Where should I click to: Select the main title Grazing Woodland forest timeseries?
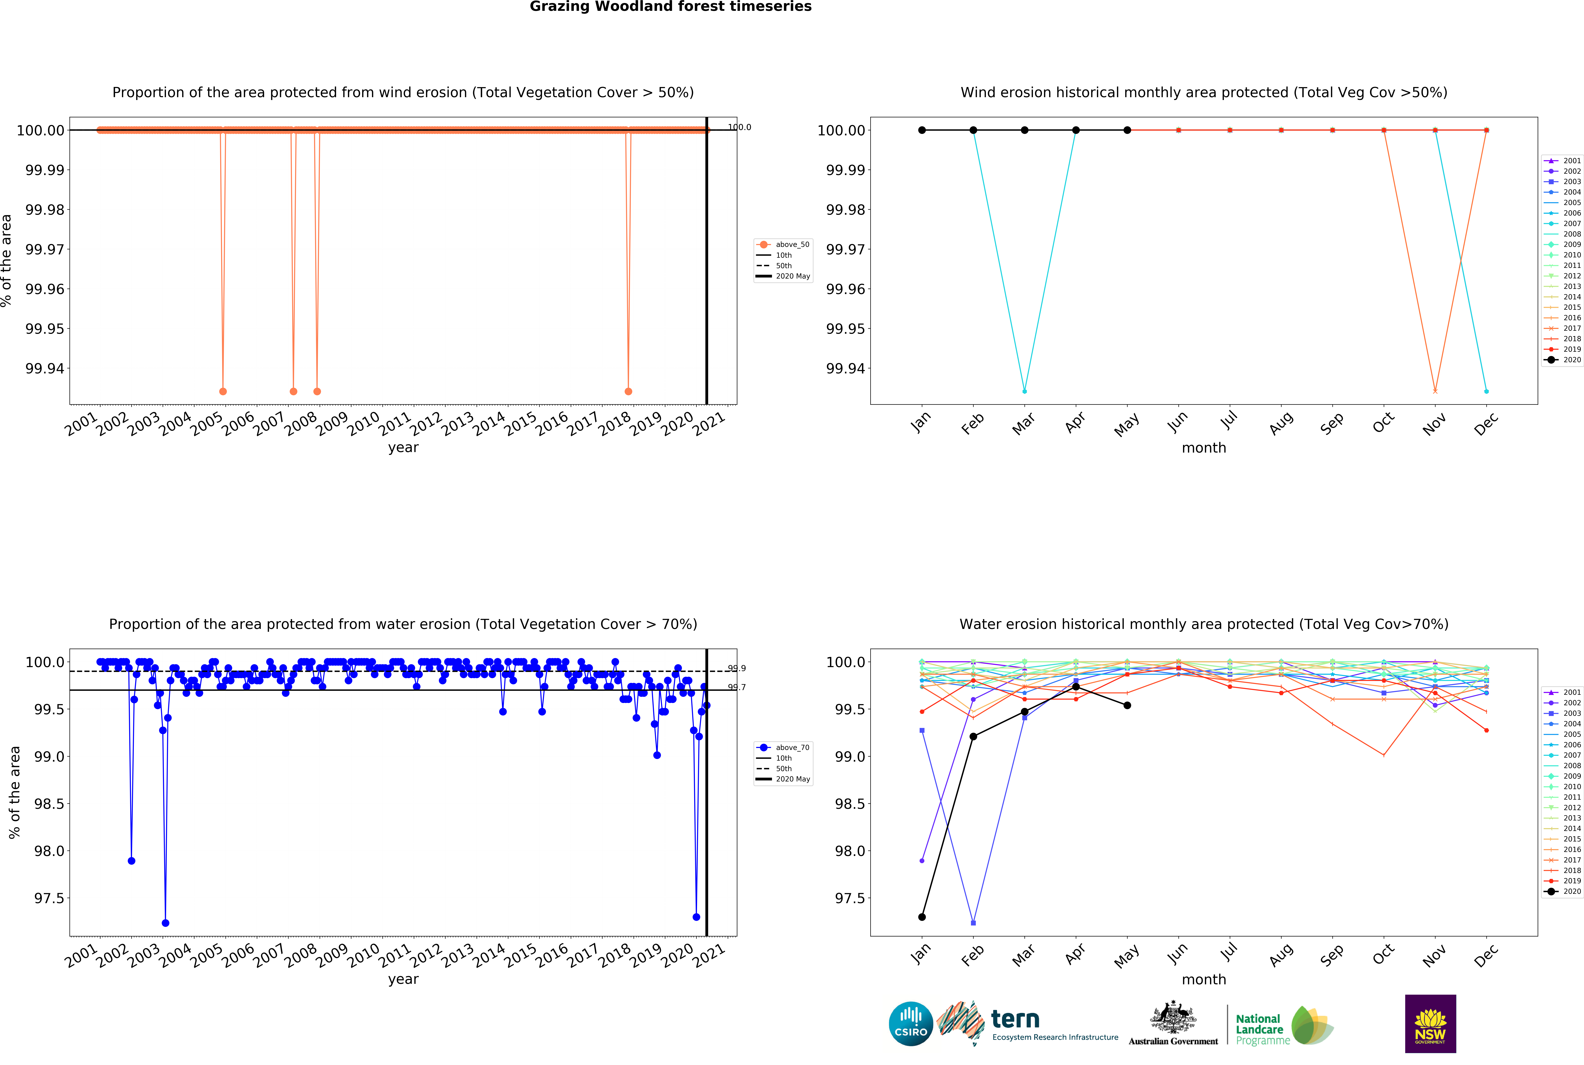click(670, 7)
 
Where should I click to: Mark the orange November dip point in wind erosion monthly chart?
click(1435, 391)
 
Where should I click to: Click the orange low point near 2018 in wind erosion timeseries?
click(628, 391)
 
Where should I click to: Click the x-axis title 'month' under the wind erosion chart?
click(1204, 448)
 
